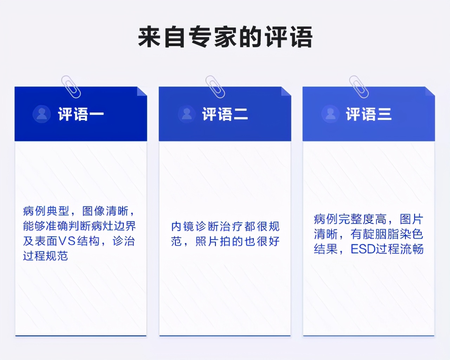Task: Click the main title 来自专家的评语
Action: click(225, 37)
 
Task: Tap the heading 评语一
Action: click(81, 114)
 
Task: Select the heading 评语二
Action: click(225, 114)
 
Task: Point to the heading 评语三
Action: click(369, 114)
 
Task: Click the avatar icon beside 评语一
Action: click(41, 114)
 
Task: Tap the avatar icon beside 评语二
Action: click(187, 114)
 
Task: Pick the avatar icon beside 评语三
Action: click(330, 114)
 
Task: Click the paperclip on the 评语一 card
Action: click(71, 86)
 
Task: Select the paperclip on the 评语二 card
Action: click(215, 86)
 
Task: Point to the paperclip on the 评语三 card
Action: click(359, 86)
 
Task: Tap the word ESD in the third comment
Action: click(363, 249)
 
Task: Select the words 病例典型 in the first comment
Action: click(46, 211)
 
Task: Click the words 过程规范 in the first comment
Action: click(45, 256)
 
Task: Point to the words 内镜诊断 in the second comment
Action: click(195, 226)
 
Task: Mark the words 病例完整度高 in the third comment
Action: click(350, 219)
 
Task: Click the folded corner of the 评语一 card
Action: click(142, 91)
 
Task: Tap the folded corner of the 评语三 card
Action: click(430, 91)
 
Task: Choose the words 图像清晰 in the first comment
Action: click(105, 211)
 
